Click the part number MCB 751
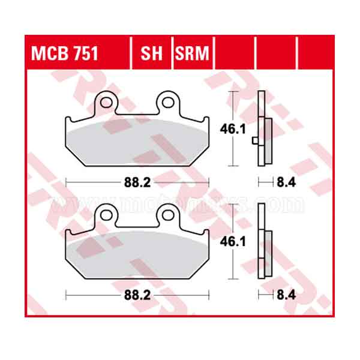[x=65, y=54]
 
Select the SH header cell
[x=151, y=54]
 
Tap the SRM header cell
[x=192, y=54]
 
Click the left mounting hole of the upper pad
[x=107, y=103]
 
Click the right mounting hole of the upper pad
[x=167, y=103]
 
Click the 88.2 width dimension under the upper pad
[x=137, y=181]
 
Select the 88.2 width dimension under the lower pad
[x=137, y=295]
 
